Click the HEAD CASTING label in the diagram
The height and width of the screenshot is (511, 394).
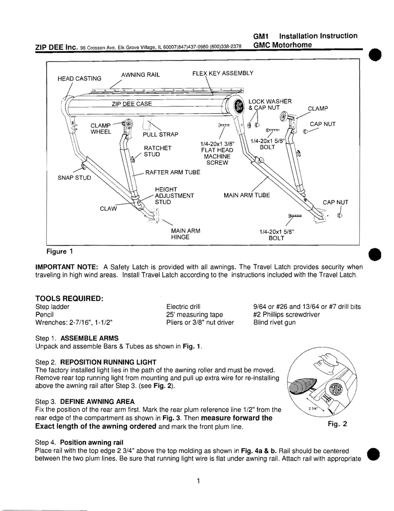tap(79, 78)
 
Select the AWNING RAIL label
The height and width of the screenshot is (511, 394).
tap(140, 75)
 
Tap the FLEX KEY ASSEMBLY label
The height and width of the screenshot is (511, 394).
tap(223, 73)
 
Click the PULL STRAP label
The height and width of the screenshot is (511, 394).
tap(160, 134)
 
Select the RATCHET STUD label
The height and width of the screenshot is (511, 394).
tap(157, 151)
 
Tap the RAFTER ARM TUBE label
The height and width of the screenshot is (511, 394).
tap(172, 173)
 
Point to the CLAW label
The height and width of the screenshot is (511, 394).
tap(108, 209)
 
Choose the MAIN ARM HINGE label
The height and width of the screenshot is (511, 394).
tap(185, 234)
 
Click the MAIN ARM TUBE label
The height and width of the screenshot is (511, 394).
tap(247, 195)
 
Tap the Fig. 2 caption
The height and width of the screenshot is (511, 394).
tap(337, 424)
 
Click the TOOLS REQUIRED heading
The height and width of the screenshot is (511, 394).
tap(69, 298)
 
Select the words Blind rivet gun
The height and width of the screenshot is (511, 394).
tap(274, 322)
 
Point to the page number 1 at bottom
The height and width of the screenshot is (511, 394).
tap(198, 481)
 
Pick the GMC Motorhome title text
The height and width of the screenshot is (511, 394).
tap(282, 45)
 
